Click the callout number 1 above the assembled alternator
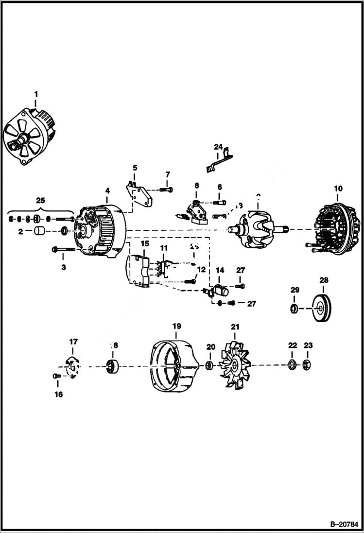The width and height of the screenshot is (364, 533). pyautogui.click(x=35, y=93)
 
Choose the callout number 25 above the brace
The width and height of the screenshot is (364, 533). pyautogui.click(x=40, y=200)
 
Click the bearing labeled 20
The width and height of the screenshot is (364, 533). pyautogui.click(x=209, y=365)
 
